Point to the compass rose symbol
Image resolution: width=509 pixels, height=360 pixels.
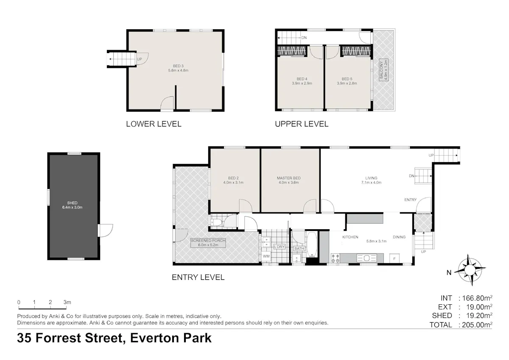[470, 270]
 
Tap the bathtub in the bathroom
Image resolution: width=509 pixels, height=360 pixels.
[312, 245]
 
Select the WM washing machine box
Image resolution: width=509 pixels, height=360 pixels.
[266, 256]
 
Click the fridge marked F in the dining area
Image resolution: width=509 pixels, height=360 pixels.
[394, 259]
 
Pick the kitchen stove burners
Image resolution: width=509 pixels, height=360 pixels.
[336, 259]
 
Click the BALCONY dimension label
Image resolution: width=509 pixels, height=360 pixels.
[384, 70]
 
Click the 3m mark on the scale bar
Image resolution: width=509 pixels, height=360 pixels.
[67, 302]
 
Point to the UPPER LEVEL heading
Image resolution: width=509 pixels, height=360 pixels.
[302, 124]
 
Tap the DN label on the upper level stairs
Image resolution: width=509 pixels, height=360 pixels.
[304, 38]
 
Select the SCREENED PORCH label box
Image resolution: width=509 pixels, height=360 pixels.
[208, 243]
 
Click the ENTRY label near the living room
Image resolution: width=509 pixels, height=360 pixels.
[411, 200]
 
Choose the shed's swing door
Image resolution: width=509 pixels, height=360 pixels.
[105, 231]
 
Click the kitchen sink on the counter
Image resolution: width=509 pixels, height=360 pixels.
[366, 258]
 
